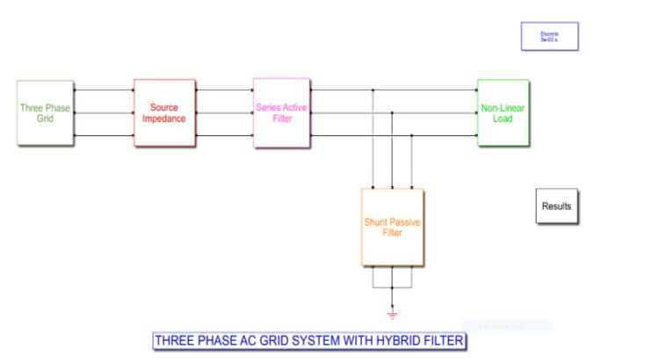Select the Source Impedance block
point(164,112)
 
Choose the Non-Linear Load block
point(503,112)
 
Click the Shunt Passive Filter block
point(392,227)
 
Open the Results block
point(556,206)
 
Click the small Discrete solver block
point(549,37)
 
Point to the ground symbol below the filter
point(392,313)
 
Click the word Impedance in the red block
point(164,119)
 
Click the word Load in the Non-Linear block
point(503,119)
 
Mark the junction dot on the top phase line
point(373,90)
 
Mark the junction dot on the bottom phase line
point(411,136)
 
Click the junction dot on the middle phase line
point(392,112)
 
